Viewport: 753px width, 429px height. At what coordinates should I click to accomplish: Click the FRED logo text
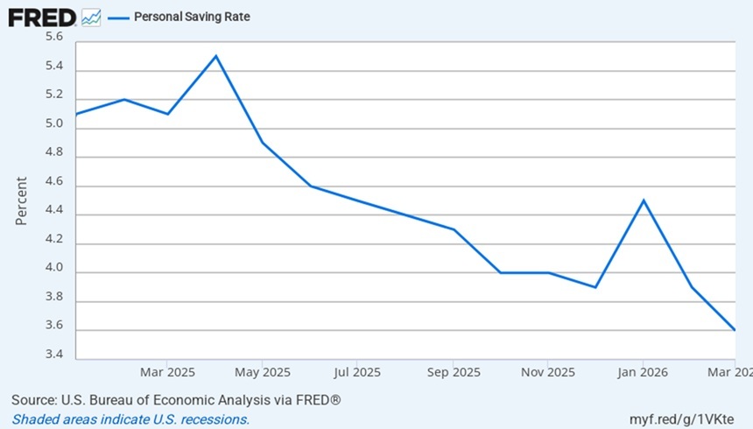click(x=42, y=18)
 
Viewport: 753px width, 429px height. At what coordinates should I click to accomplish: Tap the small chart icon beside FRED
click(x=91, y=18)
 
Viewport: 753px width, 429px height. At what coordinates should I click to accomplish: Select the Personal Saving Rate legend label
click(x=192, y=17)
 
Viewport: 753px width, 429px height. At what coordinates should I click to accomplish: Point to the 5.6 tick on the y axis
click(x=54, y=37)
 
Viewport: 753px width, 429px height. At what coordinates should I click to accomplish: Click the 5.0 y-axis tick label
click(x=54, y=123)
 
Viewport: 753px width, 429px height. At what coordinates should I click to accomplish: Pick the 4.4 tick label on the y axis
click(x=54, y=210)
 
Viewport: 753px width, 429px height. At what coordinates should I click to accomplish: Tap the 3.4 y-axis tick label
click(x=54, y=355)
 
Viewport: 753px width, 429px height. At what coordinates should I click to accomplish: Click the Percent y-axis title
click(x=21, y=200)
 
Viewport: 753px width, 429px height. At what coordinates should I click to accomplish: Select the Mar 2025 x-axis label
click(x=167, y=372)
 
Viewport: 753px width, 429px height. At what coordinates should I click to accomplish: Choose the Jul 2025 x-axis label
click(x=357, y=372)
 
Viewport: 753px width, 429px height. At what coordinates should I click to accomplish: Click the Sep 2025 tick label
click(x=454, y=372)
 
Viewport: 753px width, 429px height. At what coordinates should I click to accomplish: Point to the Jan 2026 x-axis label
click(x=643, y=372)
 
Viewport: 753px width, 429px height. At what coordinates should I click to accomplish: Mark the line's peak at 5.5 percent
click(x=216, y=56)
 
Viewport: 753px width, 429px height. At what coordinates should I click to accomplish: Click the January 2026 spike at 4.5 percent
click(x=644, y=200)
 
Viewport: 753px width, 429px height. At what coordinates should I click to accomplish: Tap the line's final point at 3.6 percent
click(x=735, y=330)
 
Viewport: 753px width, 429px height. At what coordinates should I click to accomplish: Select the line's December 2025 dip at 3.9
click(x=595, y=287)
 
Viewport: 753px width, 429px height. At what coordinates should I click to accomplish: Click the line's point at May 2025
click(x=263, y=143)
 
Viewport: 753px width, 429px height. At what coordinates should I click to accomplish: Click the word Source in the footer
click(x=33, y=400)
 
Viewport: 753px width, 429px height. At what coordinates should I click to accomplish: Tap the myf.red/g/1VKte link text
click(x=681, y=419)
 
